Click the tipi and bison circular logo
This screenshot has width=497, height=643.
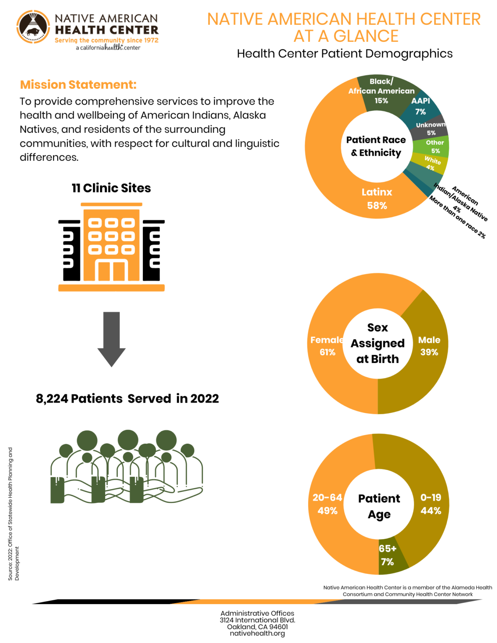33,27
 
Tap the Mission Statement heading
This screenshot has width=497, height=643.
78,85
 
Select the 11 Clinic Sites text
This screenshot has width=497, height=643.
111,188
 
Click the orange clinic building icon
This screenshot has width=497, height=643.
111,247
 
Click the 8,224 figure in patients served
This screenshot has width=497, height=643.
52,399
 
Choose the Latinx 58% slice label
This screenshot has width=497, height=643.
377,199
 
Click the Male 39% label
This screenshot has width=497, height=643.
429,346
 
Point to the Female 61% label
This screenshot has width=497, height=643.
327,346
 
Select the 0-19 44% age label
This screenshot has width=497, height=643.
430,504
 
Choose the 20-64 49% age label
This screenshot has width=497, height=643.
327,504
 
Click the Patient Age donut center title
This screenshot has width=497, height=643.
379,506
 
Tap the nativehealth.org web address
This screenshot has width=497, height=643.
257,633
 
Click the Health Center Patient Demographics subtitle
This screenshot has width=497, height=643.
345,54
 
